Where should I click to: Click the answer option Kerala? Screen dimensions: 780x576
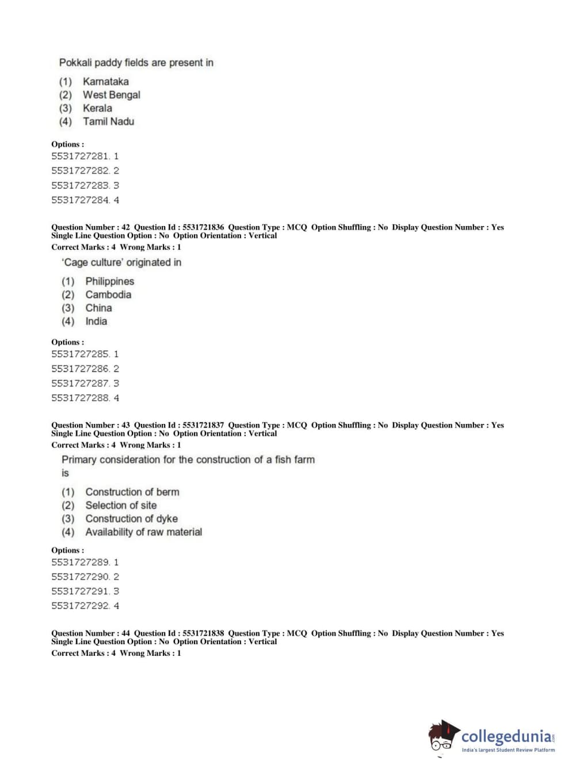(97, 108)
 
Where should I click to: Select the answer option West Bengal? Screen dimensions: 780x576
(111, 95)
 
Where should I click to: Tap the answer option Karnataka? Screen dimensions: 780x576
(105, 82)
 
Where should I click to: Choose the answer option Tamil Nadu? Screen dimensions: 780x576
(108, 121)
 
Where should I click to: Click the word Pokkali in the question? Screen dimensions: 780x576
(75, 63)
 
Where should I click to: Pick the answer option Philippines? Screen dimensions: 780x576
(109, 281)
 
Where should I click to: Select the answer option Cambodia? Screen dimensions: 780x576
(108, 295)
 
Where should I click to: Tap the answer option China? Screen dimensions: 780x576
(98, 308)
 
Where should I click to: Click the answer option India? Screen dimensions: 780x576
(96, 321)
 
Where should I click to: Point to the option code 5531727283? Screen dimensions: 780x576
(80, 185)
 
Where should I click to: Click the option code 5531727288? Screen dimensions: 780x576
(80, 397)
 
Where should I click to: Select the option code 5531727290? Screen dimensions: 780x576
(80, 576)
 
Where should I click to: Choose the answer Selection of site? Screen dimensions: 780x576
(121, 505)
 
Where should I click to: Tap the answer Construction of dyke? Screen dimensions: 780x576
(131, 518)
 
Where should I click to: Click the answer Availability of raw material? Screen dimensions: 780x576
(143, 532)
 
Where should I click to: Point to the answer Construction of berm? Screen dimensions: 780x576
(132, 492)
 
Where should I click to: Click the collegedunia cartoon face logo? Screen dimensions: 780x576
(443, 737)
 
